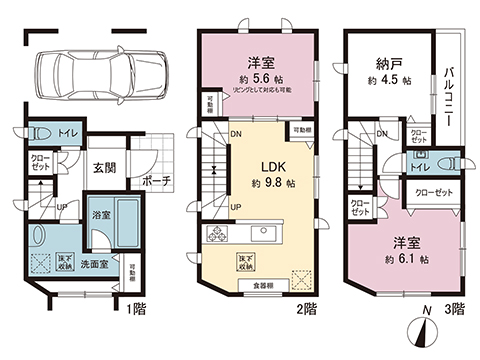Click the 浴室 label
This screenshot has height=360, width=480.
pos(102,214)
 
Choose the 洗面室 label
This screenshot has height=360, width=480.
pos(95,264)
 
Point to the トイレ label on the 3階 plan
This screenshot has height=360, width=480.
pos(419,169)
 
